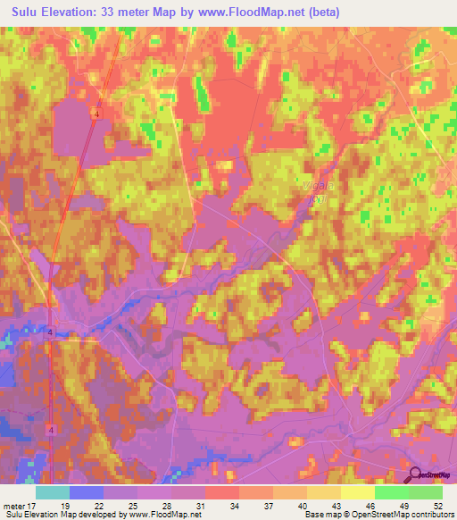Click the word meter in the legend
coord(14,505)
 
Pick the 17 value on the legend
coord(36,505)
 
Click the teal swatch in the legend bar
coord(53,492)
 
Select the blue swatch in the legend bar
coord(87,492)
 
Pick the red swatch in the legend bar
coord(222,492)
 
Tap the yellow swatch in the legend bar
coord(358,492)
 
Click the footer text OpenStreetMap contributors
coord(407,516)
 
